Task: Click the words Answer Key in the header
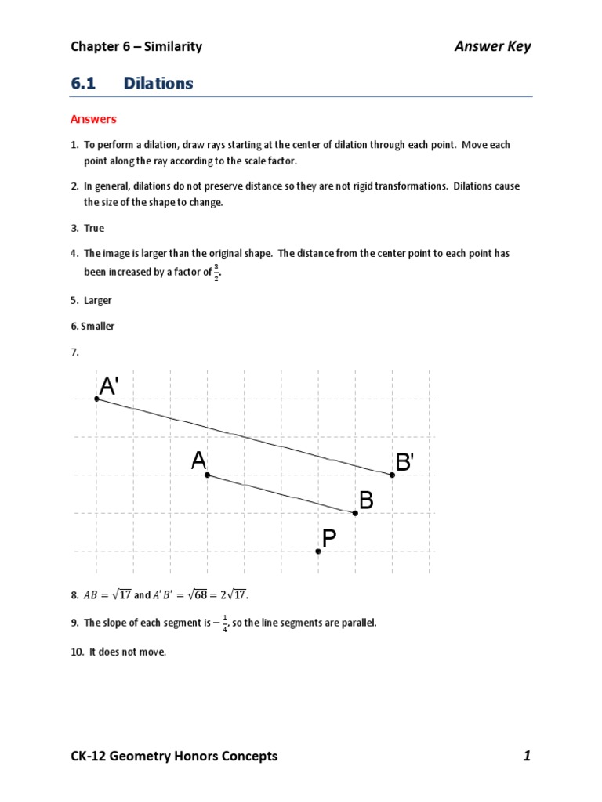click(492, 46)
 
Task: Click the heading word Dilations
click(158, 83)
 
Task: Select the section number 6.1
click(84, 83)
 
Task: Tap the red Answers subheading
click(93, 120)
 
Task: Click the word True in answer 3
click(94, 228)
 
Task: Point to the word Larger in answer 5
click(98, 300)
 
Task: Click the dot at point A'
click(96, 399)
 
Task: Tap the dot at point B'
click(393, 475)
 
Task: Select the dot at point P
click(318, 551)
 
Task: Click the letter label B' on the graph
click(404, 463)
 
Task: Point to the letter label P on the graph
click(329, 538)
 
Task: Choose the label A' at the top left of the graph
click(109, 386)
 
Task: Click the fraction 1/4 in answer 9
click(226, 624)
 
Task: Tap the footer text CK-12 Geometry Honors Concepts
click(174, 756)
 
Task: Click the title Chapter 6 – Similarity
click(136, 46)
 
